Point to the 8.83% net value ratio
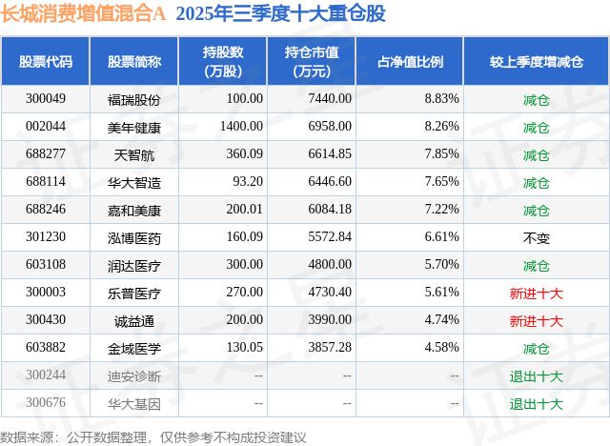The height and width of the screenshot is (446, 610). coord(442,98)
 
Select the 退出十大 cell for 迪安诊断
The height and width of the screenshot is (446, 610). coord(537,377)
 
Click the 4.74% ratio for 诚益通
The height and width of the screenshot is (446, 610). coord(442,322)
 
